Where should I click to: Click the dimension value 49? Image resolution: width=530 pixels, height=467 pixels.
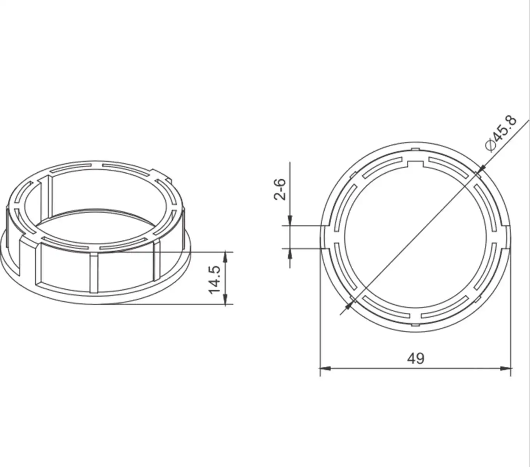click(415, 358)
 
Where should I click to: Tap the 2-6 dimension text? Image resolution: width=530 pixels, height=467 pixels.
click(280, 189)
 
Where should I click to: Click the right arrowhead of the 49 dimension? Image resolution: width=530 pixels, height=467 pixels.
click(506, 368)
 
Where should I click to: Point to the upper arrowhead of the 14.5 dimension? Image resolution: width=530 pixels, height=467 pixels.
click(225, 257)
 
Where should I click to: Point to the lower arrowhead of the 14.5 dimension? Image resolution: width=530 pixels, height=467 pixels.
click(225, 299)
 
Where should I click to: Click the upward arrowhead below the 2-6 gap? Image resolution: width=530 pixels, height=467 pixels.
click(290, 253)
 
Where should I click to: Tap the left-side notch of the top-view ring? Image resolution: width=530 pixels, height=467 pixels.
click(326, 237)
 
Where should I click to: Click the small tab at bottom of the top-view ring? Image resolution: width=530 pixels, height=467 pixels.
click(416, 324)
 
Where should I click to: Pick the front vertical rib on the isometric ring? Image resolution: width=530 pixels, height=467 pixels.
click(94, 272)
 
